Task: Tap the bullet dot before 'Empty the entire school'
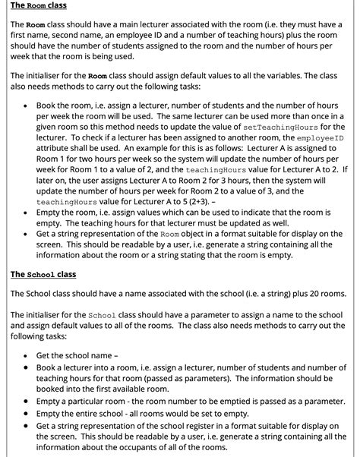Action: pos(27,412)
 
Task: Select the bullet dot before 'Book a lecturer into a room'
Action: pos(27,368)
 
